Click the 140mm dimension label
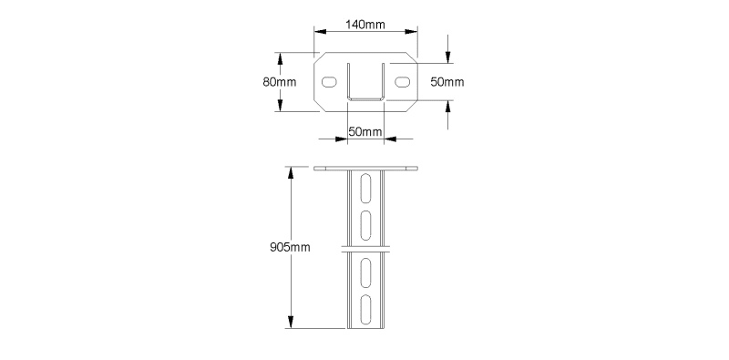pos(365,25)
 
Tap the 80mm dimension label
pos(280,82)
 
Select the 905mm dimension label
pos(290,247)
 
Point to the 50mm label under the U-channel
pos(365,131)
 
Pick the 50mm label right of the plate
pos(447,82)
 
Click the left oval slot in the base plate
pos(329,82)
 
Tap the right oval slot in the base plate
pos(403,82)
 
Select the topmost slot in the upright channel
pos(366,189)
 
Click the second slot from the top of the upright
pos(366,226)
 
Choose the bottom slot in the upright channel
pos(366,309)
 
